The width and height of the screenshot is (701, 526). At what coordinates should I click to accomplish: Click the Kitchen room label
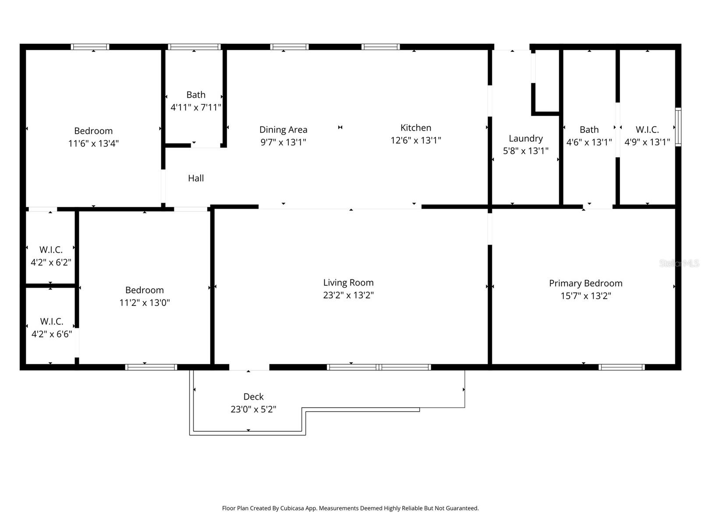pos(415,128)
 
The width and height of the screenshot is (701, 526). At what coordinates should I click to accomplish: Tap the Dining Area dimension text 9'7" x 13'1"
pos(283,142)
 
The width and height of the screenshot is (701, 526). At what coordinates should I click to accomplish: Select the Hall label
pos(196,178)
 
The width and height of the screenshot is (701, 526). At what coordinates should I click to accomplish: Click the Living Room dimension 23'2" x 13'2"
pos(348,295)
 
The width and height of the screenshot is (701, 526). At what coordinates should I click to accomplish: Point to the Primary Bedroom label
pos(585,283)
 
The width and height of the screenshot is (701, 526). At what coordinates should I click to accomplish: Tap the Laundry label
pos(525,139)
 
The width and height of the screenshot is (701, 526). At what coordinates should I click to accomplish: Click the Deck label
pos(253,397)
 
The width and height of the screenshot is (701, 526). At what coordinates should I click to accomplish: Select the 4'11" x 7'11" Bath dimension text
pos(196,107)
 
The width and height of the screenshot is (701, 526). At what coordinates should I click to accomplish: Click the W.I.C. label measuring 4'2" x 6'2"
pos(51,250)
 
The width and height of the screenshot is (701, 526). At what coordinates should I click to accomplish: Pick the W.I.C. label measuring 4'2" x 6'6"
pos(52,321)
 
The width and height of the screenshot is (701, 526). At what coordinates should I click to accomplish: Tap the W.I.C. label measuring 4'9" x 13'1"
pos(647,130)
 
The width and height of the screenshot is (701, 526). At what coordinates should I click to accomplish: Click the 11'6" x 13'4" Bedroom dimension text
pos(93,143)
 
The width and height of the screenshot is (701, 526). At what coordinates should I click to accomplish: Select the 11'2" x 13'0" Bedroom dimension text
pos(145,302)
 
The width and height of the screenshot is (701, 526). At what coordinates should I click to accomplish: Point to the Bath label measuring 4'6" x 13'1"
pos(589,130)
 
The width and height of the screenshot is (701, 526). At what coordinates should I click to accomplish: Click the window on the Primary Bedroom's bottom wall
pos(621,367)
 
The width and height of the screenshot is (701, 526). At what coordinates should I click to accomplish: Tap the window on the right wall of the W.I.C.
pos(678,127)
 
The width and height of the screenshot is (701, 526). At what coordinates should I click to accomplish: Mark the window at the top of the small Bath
pos(194,46)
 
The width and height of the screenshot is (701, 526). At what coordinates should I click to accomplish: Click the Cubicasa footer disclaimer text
pos(350,508)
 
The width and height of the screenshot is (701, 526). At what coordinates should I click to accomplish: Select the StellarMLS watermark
pos(679,263)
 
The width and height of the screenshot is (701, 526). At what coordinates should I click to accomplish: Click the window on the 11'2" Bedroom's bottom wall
pos(151,367)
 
